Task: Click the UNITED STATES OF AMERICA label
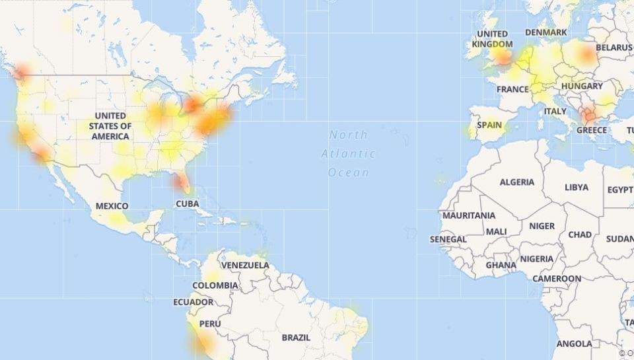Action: [111, 126]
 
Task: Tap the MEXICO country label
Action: [112, 206]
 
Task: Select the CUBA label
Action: [187, 204]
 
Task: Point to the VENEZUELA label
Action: [245, 266]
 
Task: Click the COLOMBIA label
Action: [215, 285]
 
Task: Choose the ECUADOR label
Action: [194, 302]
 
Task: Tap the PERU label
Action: [210, 324]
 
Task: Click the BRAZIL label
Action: [296, 338]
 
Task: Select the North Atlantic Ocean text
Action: [349, 154]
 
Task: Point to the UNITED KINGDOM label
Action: [493, 39]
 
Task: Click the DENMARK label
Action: [546, 32]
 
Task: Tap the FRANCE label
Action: [512, 89]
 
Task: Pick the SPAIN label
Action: [489, 125]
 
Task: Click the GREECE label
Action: [591, 130]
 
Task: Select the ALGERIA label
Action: [517, 182]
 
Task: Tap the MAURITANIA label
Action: [469, 216]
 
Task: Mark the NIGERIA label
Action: [536, 259]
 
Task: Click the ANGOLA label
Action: [575, 344]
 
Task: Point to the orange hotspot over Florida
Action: [177, 180]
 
